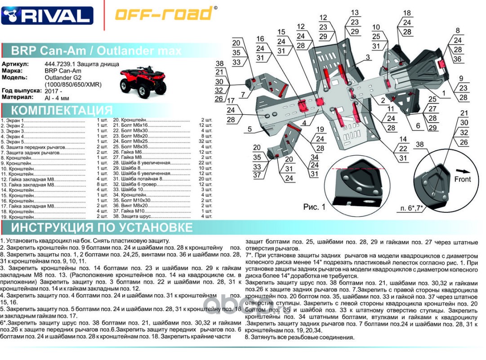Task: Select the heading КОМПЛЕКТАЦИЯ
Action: point(62,111)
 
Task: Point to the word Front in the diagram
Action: point(462,179)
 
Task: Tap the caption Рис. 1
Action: point(314,207)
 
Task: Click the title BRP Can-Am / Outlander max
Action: point(96,50)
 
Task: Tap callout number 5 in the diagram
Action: point(249,130)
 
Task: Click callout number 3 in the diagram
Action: point(367,57)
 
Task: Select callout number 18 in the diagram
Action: point(407,13)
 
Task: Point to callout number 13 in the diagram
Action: point(355,13)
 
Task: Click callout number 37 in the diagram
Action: point(257,175)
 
